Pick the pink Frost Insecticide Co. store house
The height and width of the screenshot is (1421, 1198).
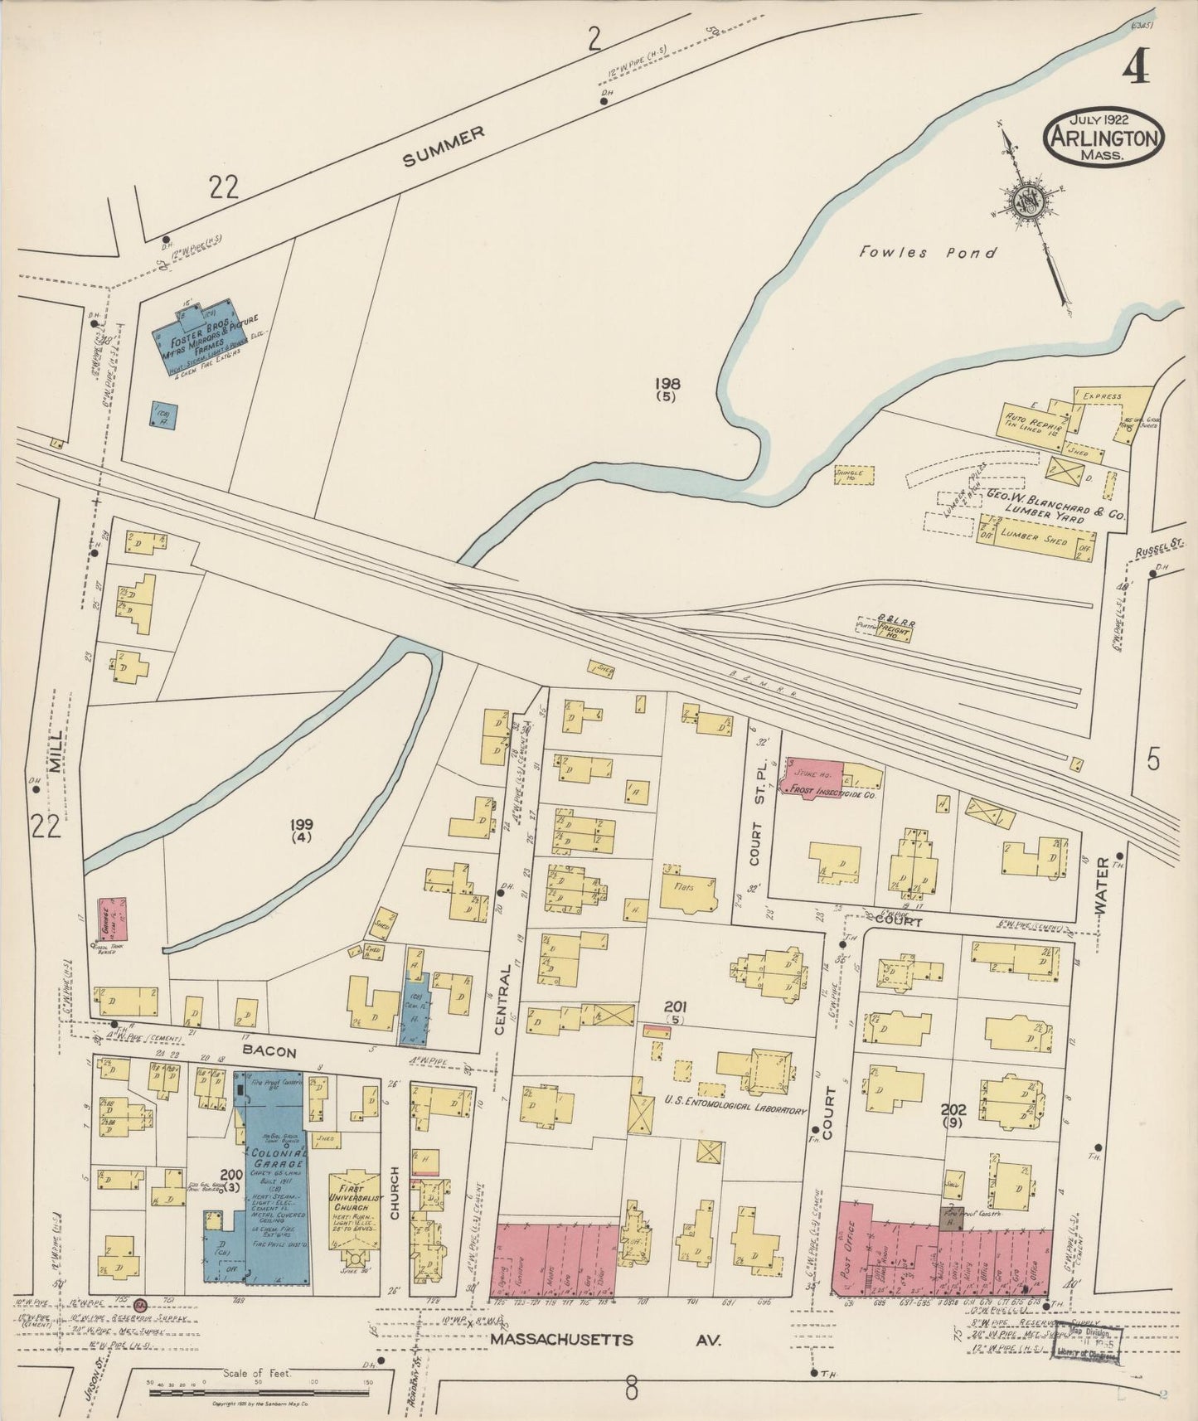[x=812, y=776]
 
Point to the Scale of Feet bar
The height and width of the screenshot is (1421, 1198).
[x=261, y=1394]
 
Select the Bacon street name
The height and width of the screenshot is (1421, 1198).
[x=269, y=1052]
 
